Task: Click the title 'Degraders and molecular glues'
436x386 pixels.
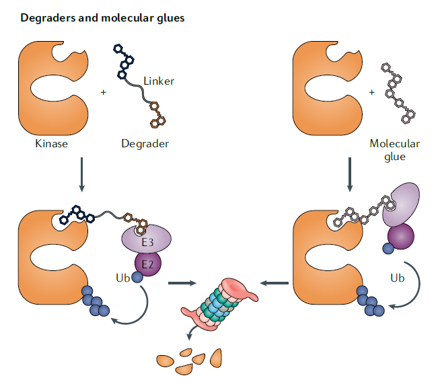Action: (102, 18)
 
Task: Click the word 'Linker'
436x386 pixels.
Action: (159, 81)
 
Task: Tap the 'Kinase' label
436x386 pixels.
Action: (52, 143)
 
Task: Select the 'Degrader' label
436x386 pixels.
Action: (145, 143)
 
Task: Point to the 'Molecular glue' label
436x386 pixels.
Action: (394, 149)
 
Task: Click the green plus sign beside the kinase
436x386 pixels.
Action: (103, 91)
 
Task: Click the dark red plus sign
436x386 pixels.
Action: (371, 91)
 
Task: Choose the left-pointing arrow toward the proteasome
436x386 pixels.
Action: (272, 283)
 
